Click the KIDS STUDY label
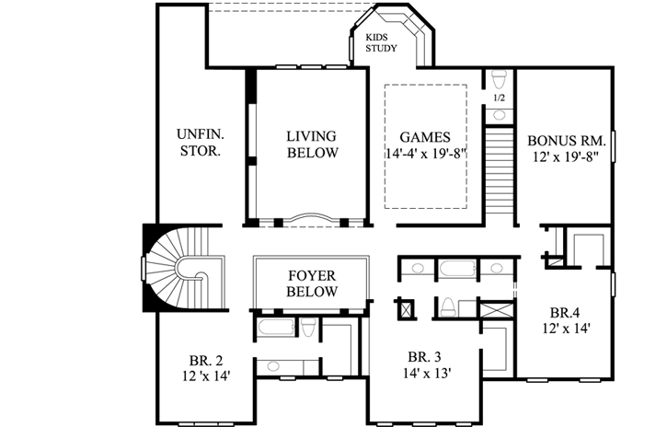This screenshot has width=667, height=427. click(381, 42)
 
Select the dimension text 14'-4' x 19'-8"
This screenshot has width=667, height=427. click(424, 155)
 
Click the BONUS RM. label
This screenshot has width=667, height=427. click(566, 141)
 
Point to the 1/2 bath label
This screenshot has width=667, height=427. click(499, 97)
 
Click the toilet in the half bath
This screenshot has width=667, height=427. click(499, 78)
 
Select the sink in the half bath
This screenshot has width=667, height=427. click(499, 115)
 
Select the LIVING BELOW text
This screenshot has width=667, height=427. click(312, 144)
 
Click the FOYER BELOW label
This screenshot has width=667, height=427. click(311, 283)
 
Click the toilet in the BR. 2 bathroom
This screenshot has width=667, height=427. click(309, 329)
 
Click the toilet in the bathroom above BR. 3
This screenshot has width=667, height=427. click(448, 306)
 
